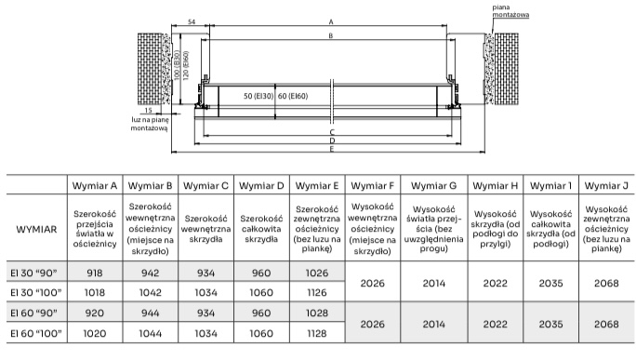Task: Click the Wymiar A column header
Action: click(95, 186)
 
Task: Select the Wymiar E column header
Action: click(317, 186)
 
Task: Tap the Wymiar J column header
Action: click(606, 186)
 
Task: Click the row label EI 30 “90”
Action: click(34, 273)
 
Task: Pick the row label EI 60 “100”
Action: click(36, 334)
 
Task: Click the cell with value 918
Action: click(95, 273)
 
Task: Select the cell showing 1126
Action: click(317, 293)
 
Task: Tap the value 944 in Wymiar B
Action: click(150, 313)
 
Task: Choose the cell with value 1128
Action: click(317, 334)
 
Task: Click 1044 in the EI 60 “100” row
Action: click(150, 334)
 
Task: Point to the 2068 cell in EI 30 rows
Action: click(606, 283)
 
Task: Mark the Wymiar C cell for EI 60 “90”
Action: click(205, 313)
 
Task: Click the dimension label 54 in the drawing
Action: click(192, 22)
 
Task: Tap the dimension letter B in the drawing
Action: click(331, 35)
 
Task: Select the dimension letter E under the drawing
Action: click(332, 150)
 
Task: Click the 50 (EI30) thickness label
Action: click(258, 96)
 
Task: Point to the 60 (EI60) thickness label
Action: click(293, 96)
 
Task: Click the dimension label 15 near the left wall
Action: click(149, 111)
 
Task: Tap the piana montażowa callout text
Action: click(510, 11)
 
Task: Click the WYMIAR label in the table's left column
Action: click(36, 230)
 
